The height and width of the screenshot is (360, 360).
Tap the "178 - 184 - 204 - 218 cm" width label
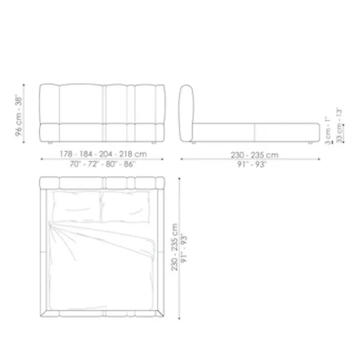103,154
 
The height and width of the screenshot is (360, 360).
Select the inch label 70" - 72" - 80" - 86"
103,164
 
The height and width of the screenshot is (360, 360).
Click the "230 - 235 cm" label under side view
255,155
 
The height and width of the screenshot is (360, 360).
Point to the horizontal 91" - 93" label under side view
252,165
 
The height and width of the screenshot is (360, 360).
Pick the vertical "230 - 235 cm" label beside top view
175,247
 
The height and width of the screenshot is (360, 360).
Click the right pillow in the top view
125,207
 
